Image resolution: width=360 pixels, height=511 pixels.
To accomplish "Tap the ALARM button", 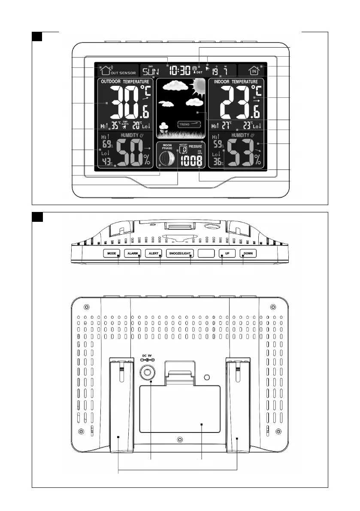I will [133, 254].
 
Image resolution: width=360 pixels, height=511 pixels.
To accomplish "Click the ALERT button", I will [154, 254].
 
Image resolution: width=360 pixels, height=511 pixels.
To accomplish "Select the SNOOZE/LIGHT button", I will [180, 254].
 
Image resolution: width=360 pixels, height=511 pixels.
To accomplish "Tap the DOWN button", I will [248, 254].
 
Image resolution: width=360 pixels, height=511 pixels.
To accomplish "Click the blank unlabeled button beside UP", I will [206, 254].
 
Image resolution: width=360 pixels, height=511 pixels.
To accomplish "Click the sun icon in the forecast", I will [197, 87].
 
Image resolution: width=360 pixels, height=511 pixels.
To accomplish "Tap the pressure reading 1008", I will [191, 161].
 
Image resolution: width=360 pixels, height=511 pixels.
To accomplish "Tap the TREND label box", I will [189, 124].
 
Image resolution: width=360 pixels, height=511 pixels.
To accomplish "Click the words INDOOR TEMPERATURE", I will [236, 82].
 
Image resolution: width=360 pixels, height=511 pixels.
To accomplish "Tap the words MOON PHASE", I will [167, 147].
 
